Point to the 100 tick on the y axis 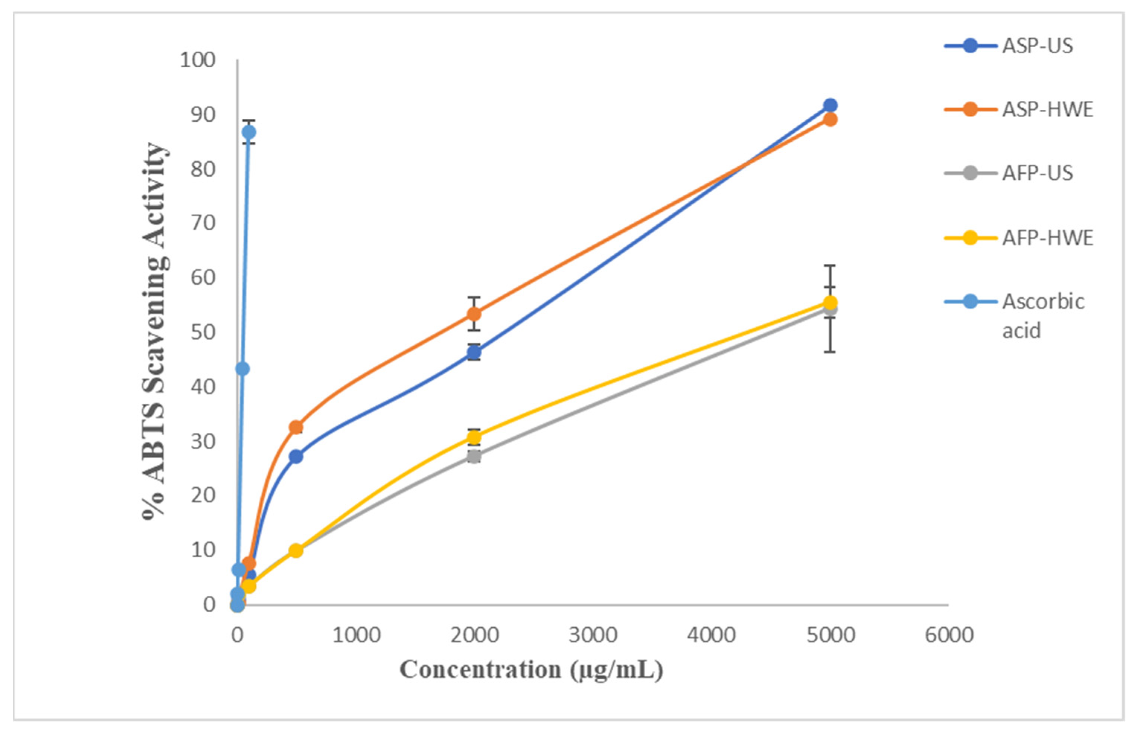point(197,60)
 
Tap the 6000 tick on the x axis point(949,635)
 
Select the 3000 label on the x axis point(593,635)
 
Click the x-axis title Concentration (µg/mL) point(531,670)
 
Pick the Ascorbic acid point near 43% point(243,369)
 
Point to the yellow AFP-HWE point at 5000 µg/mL point(830,302)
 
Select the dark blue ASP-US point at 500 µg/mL point(296,456)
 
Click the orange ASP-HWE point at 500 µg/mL point(296,427)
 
